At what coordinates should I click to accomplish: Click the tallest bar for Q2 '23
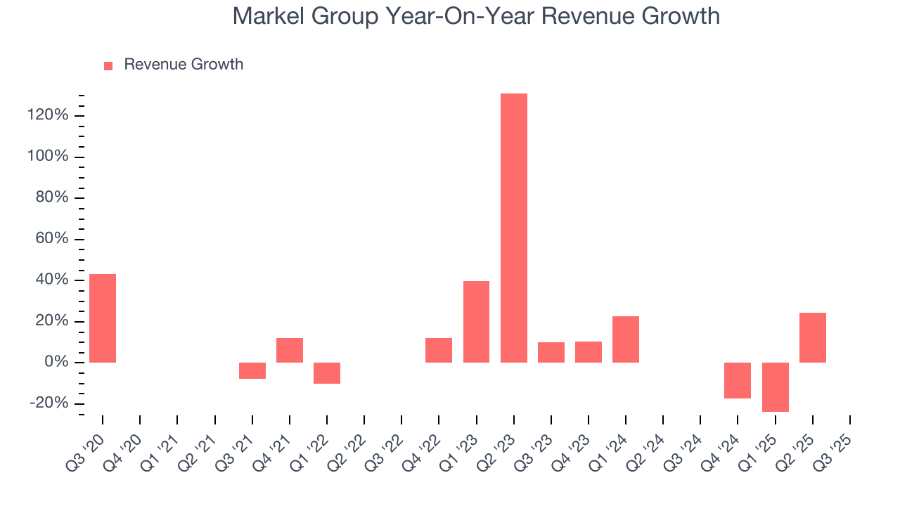(x=513, y=228)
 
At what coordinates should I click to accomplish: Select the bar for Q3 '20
(x=103, y=318)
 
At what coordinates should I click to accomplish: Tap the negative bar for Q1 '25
(x=776, y=387)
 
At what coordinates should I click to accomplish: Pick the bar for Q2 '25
(x=813, y=337)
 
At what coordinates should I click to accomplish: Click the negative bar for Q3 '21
(x=252, y=371)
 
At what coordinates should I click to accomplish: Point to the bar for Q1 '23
(x=476, y=322)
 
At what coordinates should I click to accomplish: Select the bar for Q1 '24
(x=626, y=339)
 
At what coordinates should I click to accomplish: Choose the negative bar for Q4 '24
(x=738, y=380)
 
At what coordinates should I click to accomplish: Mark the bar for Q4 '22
(x=439, y=350)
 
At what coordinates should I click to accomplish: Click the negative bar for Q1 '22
(x=327, y=373)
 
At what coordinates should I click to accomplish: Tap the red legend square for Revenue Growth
(x=108, y=65)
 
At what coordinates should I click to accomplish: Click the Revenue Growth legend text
(x=184, y=65)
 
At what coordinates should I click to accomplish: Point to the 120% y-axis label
(x=49, y=116)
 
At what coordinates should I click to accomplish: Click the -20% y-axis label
(x=49, y=403)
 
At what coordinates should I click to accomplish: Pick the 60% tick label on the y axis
(x=52, y=239)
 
